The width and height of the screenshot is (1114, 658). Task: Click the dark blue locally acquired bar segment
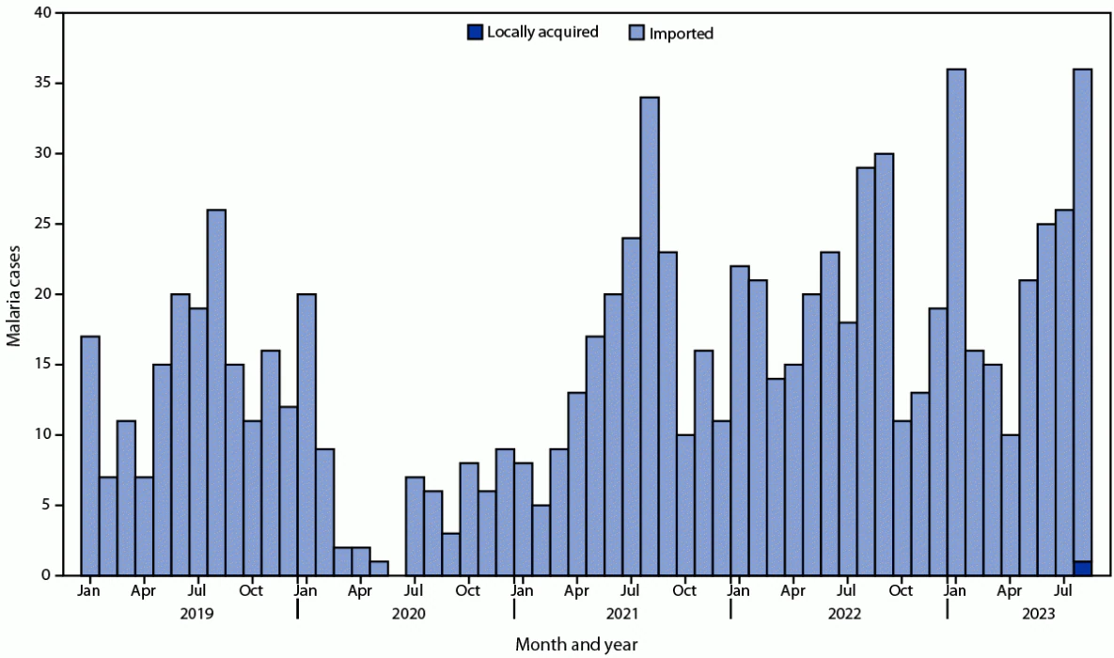coord(1082,568)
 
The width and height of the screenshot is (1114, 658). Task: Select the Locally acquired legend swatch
coord(475,33)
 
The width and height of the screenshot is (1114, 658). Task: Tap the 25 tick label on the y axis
coord(42,224)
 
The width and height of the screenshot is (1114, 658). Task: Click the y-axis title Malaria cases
coord(15,293)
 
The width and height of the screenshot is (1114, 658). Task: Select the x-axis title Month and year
coord(576,644)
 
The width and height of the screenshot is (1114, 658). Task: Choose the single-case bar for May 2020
coord(379,568)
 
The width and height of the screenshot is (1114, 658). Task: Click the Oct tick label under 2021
coord(684,591)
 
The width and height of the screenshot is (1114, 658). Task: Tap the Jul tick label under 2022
coord(847,591)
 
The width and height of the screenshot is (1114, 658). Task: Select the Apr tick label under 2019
coord(144,591)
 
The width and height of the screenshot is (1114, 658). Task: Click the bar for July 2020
coord(415,526)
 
